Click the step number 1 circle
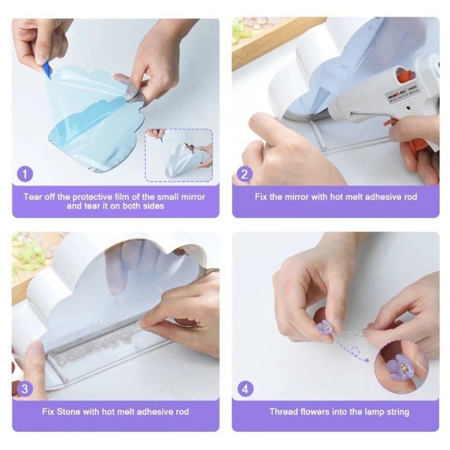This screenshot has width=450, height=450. point(25,174)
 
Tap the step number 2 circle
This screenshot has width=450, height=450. point(244,174)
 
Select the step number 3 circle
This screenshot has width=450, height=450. point(25,389)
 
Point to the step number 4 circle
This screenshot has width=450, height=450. point(245,389)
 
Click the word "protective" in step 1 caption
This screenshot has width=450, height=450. point(92,197)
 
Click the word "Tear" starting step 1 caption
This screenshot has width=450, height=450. point(33,197)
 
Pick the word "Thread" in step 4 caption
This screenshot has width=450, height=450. point(283,412)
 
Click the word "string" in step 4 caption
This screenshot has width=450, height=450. point(398,412)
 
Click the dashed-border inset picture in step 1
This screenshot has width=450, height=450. point(179,155)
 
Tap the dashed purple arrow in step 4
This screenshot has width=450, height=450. point(353,351)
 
